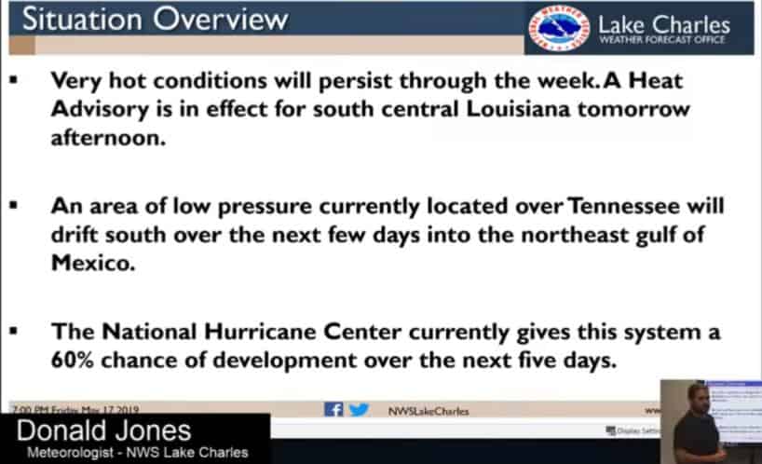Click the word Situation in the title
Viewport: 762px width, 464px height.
point(79,20)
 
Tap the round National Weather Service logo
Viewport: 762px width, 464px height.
point(557,29)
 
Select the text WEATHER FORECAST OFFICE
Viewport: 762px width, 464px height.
point(663,40)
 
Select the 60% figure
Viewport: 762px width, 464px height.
point(73,361)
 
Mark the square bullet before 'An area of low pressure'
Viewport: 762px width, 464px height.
point(14,207)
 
